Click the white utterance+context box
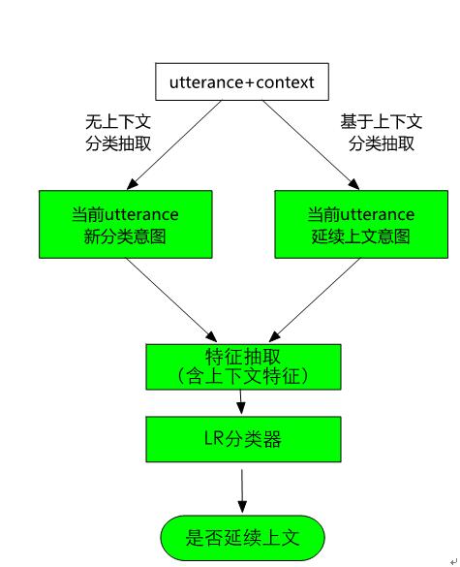pos(241,82)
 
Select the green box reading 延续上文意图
pos(360,224)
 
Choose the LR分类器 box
pos(242,439)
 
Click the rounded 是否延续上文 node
pos(241,536)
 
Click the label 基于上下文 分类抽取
pos(381,133)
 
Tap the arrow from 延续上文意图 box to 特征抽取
pos(309,297)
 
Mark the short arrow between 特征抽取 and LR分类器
pos(242,403)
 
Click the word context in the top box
pos(285,82)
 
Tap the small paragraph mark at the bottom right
pos(452,559)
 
